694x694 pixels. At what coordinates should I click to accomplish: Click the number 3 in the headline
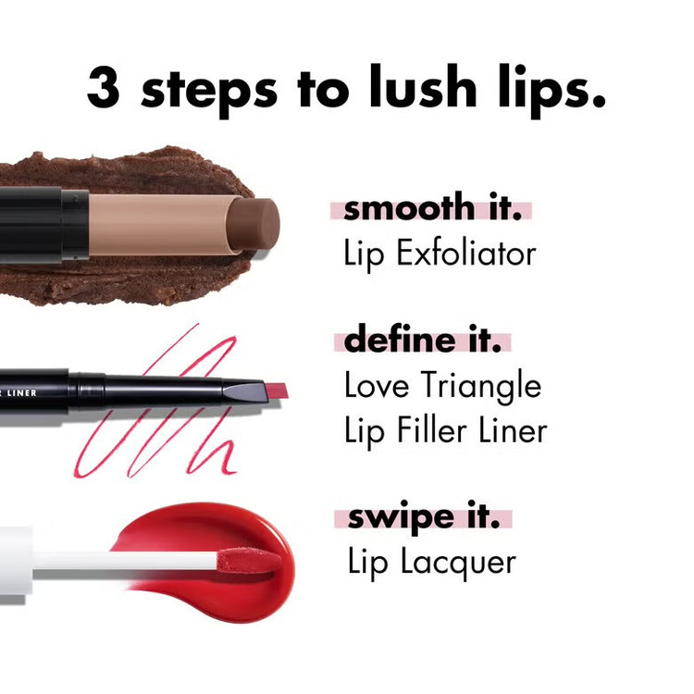pos(104,88)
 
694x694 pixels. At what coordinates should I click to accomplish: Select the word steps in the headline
pos(209,92)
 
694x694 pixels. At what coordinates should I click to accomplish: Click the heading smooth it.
pos(431,207)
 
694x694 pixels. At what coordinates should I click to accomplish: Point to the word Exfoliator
pos(466,254)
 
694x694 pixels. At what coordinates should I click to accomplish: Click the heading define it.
pos(423,339)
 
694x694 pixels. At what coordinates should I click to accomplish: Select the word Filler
pos(431,429)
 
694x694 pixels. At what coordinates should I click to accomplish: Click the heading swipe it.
pos(424,517)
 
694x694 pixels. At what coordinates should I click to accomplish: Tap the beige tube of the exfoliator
pos(162,225)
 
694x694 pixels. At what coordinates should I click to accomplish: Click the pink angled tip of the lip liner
pos(276,390)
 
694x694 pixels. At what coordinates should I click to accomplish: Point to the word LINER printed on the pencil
pos(21,392)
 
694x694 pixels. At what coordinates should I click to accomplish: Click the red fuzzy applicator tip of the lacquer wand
pos(249,561)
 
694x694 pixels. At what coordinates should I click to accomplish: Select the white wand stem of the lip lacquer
pos(124,562)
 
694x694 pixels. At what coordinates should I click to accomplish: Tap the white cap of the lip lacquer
pos(16,561)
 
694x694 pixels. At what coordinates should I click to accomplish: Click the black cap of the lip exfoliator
pos(43,225)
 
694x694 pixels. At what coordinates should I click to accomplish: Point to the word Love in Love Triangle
pos(377,384)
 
